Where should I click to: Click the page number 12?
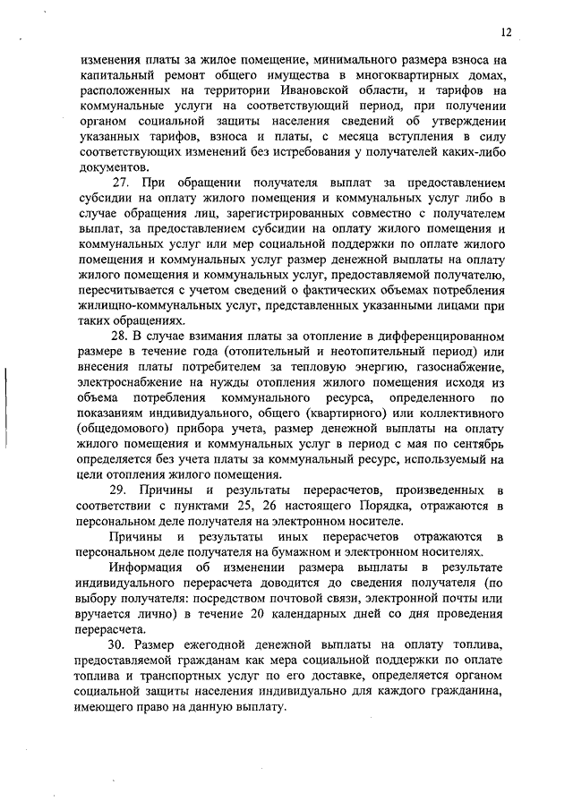[x=506, y=33]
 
